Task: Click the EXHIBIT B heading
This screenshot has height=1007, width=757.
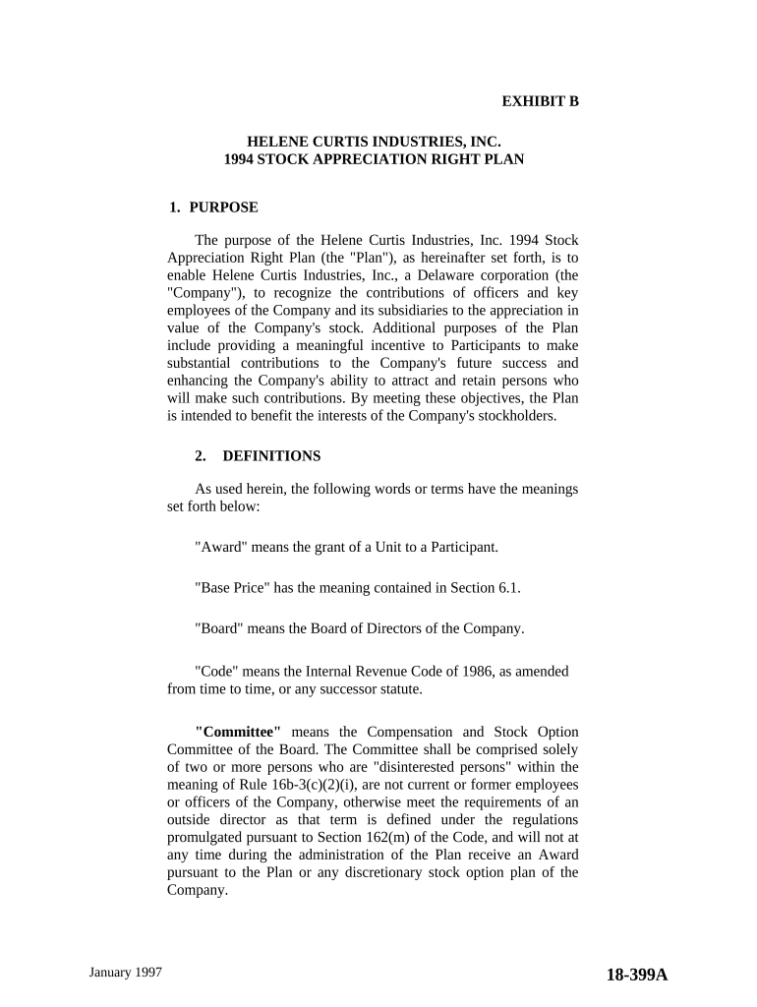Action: [x=540, y=100]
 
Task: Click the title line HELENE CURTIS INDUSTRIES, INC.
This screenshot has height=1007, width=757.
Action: [x=367, y=142]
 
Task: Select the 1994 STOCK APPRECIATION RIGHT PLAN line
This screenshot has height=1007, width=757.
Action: [x=374, y=159]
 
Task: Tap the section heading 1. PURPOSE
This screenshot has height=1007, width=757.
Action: [x=213, y=207]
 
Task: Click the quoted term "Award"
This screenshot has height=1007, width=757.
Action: [x=220, y=546]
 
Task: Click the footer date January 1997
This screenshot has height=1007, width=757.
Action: [x=125, y=972]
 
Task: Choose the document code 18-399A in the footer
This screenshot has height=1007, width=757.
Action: [x=636, y=975]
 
